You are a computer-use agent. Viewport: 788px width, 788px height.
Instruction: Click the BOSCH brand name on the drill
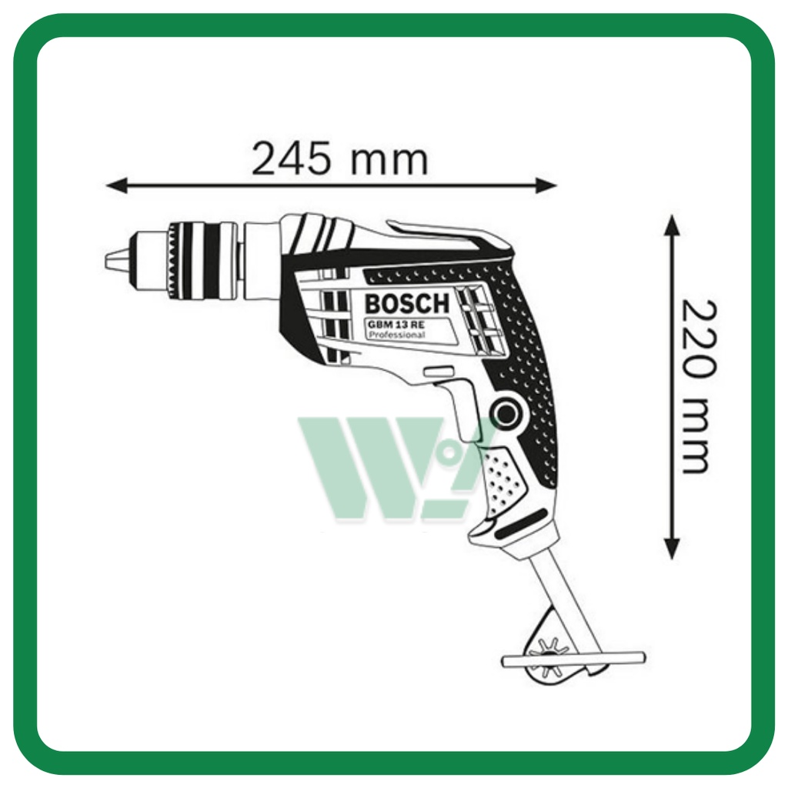407,303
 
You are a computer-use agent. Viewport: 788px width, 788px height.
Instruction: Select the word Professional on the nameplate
397,335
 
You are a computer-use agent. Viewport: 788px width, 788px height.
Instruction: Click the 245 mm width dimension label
339,159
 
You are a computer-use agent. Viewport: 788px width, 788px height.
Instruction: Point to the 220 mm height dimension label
698,386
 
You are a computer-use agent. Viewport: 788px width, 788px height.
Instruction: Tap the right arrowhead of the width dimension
546,185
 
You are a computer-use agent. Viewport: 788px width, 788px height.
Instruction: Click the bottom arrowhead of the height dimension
672,549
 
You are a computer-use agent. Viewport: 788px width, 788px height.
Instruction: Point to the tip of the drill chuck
106,261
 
